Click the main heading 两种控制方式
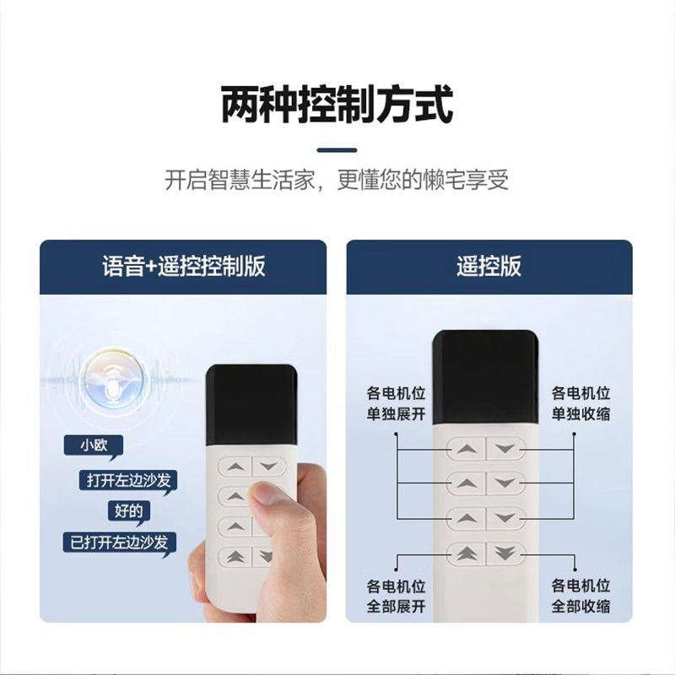tap(337, 105)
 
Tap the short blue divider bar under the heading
tap(337, 150)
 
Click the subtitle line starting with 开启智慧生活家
tap(337, 180)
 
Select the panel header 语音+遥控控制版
tap(184, 266)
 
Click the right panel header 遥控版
tap(489, 266)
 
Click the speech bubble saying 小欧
tap(94, 446)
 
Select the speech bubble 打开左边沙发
tap(129, 480)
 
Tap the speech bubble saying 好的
tap(128, 511)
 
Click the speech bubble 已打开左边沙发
tap(119, 543)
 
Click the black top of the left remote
tap(251, 405)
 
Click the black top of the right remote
tap(486, 377)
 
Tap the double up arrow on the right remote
tap(467, 553)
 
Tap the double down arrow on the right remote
tap(505, 553)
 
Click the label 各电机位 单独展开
tap(396, 404)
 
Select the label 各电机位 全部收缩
tap(580, 597)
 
